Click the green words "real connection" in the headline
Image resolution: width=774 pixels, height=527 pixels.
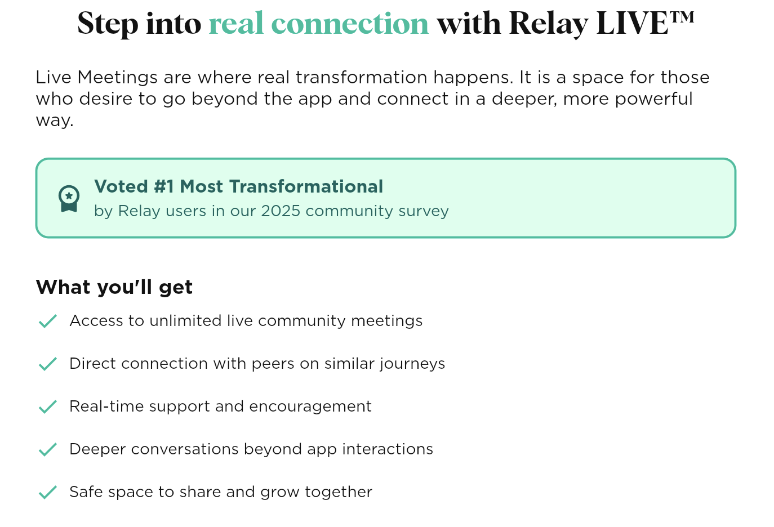319,24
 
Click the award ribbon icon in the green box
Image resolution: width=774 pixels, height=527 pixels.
69,199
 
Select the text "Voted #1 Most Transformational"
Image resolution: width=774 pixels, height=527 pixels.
238,186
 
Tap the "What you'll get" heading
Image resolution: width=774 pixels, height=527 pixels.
114,287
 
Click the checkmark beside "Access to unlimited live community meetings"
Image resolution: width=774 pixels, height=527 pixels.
48,321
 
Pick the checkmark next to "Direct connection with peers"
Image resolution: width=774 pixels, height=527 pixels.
48,364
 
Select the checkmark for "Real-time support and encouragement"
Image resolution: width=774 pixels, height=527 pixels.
48,407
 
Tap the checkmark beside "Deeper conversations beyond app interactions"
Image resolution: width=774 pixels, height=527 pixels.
48,449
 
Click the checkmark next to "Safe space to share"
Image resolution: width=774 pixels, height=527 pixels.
48,492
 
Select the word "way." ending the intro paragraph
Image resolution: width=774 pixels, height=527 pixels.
55,120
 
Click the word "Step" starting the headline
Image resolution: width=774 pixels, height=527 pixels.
108,24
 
